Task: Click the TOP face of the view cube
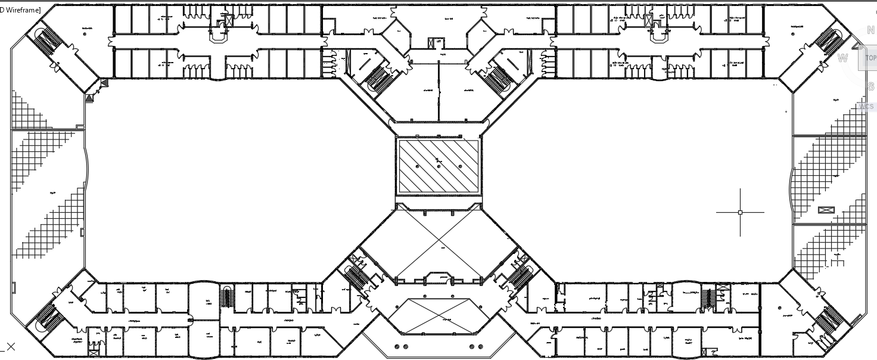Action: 870,58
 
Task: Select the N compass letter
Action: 871,30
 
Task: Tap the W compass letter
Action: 842,58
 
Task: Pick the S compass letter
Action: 870,86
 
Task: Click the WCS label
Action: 866,107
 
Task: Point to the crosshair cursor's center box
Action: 740,212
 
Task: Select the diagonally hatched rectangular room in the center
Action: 438,166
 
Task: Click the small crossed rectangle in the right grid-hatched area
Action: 826,209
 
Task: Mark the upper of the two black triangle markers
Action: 104,83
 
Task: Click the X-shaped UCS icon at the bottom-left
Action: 10,346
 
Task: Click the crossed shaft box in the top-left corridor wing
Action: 228,21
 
